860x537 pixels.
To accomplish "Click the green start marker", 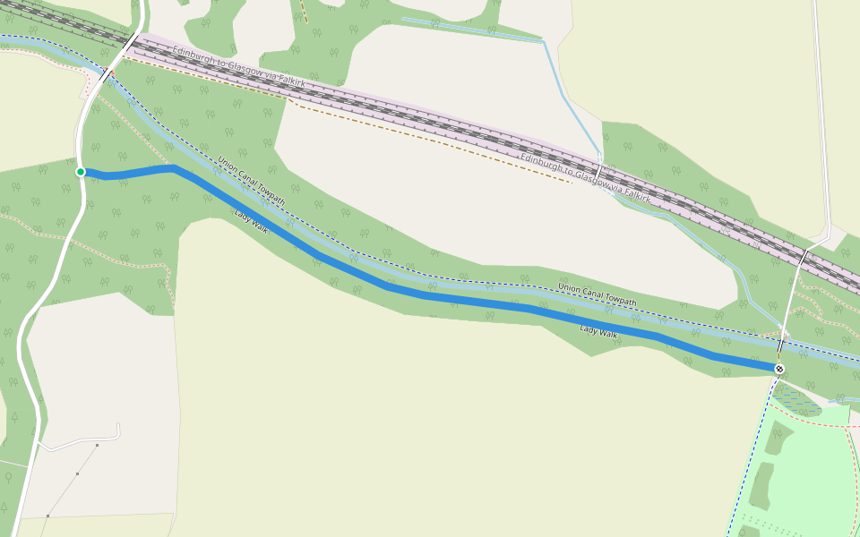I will (81, 172).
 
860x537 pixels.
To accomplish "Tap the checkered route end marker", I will (779, 369).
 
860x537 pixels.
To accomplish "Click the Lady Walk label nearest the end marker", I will (598, 332).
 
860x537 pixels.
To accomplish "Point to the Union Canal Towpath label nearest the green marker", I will (251, 181).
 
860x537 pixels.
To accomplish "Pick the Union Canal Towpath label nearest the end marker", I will (597, 294).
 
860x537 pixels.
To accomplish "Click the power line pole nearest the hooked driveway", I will (97, 445).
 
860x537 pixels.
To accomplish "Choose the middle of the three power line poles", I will (77, 473).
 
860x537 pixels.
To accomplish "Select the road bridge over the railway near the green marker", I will (133, 41).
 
